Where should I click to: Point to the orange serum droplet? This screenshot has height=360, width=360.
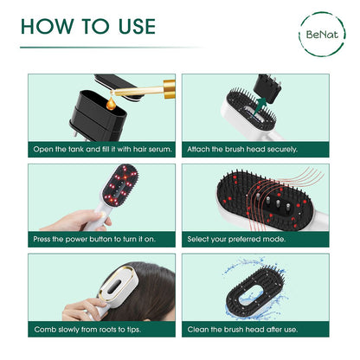[111, 105]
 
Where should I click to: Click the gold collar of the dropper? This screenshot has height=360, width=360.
[169, 89]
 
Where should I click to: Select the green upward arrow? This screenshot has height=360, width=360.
[260, 106]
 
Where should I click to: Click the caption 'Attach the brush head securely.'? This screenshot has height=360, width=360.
[242, 149]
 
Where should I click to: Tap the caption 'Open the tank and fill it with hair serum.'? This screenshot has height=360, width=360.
[102, 149]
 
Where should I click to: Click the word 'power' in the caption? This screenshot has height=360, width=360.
[76, 240]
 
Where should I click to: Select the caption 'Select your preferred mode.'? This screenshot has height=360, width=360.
[236, 239]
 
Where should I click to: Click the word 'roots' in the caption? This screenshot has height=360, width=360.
[106, 330]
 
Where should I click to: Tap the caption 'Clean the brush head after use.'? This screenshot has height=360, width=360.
[242, 330]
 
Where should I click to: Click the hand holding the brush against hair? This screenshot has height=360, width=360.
[84, 309]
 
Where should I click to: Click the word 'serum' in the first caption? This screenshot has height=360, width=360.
[160, 150]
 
